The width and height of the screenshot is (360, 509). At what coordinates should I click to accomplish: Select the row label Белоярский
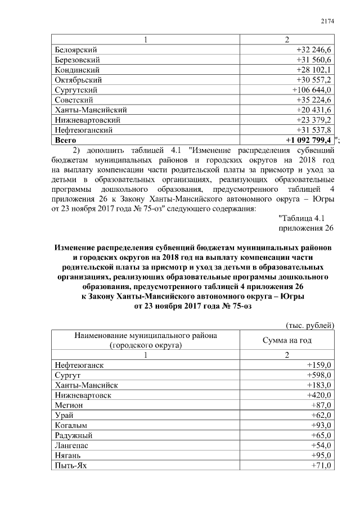pos(76,49)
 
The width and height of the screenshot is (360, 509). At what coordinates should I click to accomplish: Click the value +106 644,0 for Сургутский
pos(312,90)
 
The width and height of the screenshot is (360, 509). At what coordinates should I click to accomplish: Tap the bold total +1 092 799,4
pos(308,140)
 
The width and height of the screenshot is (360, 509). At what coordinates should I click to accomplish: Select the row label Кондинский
pos(78,70)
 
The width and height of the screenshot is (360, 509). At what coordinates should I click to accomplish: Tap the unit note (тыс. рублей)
pos(310,325)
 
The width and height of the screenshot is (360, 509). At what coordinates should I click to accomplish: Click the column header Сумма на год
pos(287,341)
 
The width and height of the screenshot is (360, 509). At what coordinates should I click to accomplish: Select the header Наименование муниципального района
pos(145,336)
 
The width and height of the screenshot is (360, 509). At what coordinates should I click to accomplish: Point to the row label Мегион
pos(70,405)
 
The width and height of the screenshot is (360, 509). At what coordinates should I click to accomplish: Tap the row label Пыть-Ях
pos(71,466)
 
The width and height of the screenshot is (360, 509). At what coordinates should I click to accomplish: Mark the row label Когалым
pos(72,425)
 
